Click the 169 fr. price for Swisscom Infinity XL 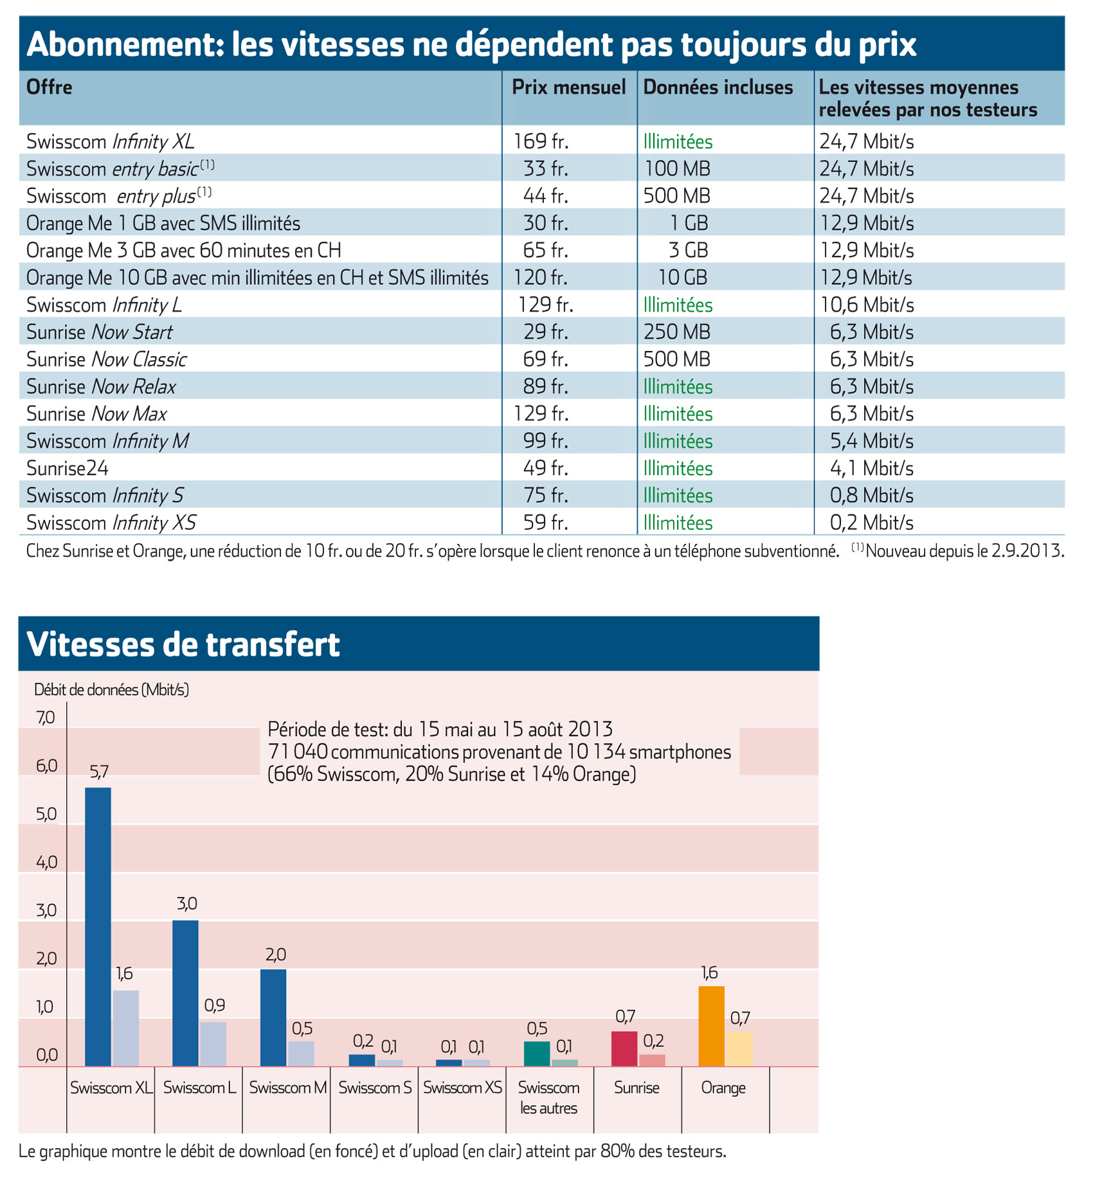pos(541,141)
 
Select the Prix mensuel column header pos(568,87)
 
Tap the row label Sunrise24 pos(68,468)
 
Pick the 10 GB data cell pos(682,278)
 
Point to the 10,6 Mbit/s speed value pos(867,305)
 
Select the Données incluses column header pos(718,87)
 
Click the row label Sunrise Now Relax pos(101,386)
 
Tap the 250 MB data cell pos(677,332)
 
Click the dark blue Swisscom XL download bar pos(98,926)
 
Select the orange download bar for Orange pos(711,1026)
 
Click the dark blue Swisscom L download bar pos(185,993)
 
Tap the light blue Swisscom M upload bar pos(301,1054)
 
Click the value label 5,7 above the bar pos(99,772)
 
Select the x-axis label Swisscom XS pos(462,1088)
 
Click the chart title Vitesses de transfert pos(183,644)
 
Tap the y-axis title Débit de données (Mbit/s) pos(111,689)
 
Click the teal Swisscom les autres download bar pos(537,1054)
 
